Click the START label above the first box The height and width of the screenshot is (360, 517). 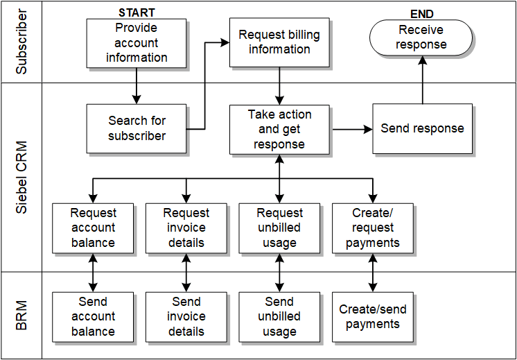pos(137,12)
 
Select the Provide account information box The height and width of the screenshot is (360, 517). pos(137,43)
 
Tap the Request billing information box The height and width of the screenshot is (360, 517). pos(279,42)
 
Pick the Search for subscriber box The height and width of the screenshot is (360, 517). pos(137,128)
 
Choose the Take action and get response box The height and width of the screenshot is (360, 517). pos(279,129)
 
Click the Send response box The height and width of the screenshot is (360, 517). pos(422,128)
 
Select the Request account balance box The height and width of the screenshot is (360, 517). pos(93,228)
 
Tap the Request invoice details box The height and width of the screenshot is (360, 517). pos(186,228)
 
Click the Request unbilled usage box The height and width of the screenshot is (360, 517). pos(279,228)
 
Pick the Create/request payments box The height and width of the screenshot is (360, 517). pos(373,228)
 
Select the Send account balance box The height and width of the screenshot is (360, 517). pos(93,317)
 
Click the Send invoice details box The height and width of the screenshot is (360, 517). pos(186,317)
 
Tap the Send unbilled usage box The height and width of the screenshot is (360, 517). pos(279,317)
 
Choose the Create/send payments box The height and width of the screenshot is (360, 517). pos(373,317)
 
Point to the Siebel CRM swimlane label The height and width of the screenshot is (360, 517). pos(21,178)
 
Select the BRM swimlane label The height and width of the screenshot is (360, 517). pos(21,316)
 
